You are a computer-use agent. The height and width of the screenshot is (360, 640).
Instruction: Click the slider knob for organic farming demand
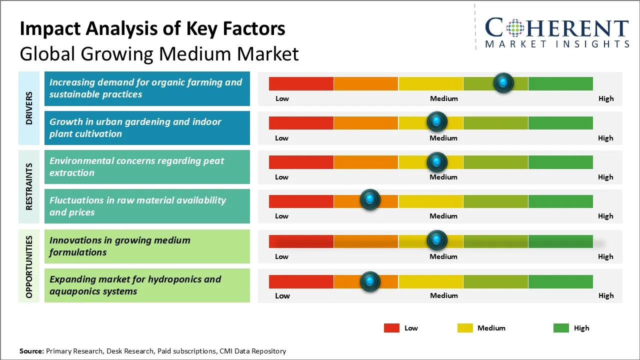pyautogui.click(x=503, y=82)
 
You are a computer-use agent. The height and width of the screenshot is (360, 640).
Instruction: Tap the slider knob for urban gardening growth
pyautogui.click(x=437, y=121)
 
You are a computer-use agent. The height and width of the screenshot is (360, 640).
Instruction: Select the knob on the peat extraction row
pyautogui.click(x=437, y=161)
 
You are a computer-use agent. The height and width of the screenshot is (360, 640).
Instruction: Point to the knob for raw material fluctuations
pyautogui.click(x=370, y=200)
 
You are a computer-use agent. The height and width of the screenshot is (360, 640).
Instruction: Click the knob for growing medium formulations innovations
pyautogui.click(x=437, y=240)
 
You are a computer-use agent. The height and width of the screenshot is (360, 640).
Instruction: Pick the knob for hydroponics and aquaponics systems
pyautogui.click(x=370, y=281)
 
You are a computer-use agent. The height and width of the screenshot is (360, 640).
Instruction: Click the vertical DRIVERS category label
pyautogui.click(x=29, y=108)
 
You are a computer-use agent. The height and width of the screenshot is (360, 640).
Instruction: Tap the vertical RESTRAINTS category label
pyautogui.click(x=29, y=186)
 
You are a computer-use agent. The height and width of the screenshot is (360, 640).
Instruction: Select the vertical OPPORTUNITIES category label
pyautogui.click(x=29, y=267)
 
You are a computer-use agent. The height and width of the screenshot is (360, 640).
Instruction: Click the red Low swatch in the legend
pyautogui.click(x=391, y=328)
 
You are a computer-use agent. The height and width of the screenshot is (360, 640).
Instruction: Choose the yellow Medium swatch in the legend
pyautogui.click(x=465, y=328)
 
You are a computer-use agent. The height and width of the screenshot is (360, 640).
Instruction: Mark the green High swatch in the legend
pyautogui.click(x=561, y=328)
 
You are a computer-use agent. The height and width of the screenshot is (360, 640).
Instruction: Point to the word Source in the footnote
pyautogui.click(x=31, y=351)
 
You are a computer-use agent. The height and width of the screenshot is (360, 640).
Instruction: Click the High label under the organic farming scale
pyautogui.click(x=606, y=98)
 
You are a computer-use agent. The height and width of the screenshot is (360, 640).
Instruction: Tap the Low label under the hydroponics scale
pyautogui.click(x=282, y=295)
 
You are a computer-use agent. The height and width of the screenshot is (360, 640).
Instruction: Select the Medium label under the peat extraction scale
pyautogui.click(x=443, y=177)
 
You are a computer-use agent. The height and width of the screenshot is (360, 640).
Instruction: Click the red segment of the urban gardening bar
pyautogui.click(x=301, y=122)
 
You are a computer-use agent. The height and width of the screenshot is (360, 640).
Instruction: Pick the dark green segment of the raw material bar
pyautogui.click(x=560, y=201)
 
